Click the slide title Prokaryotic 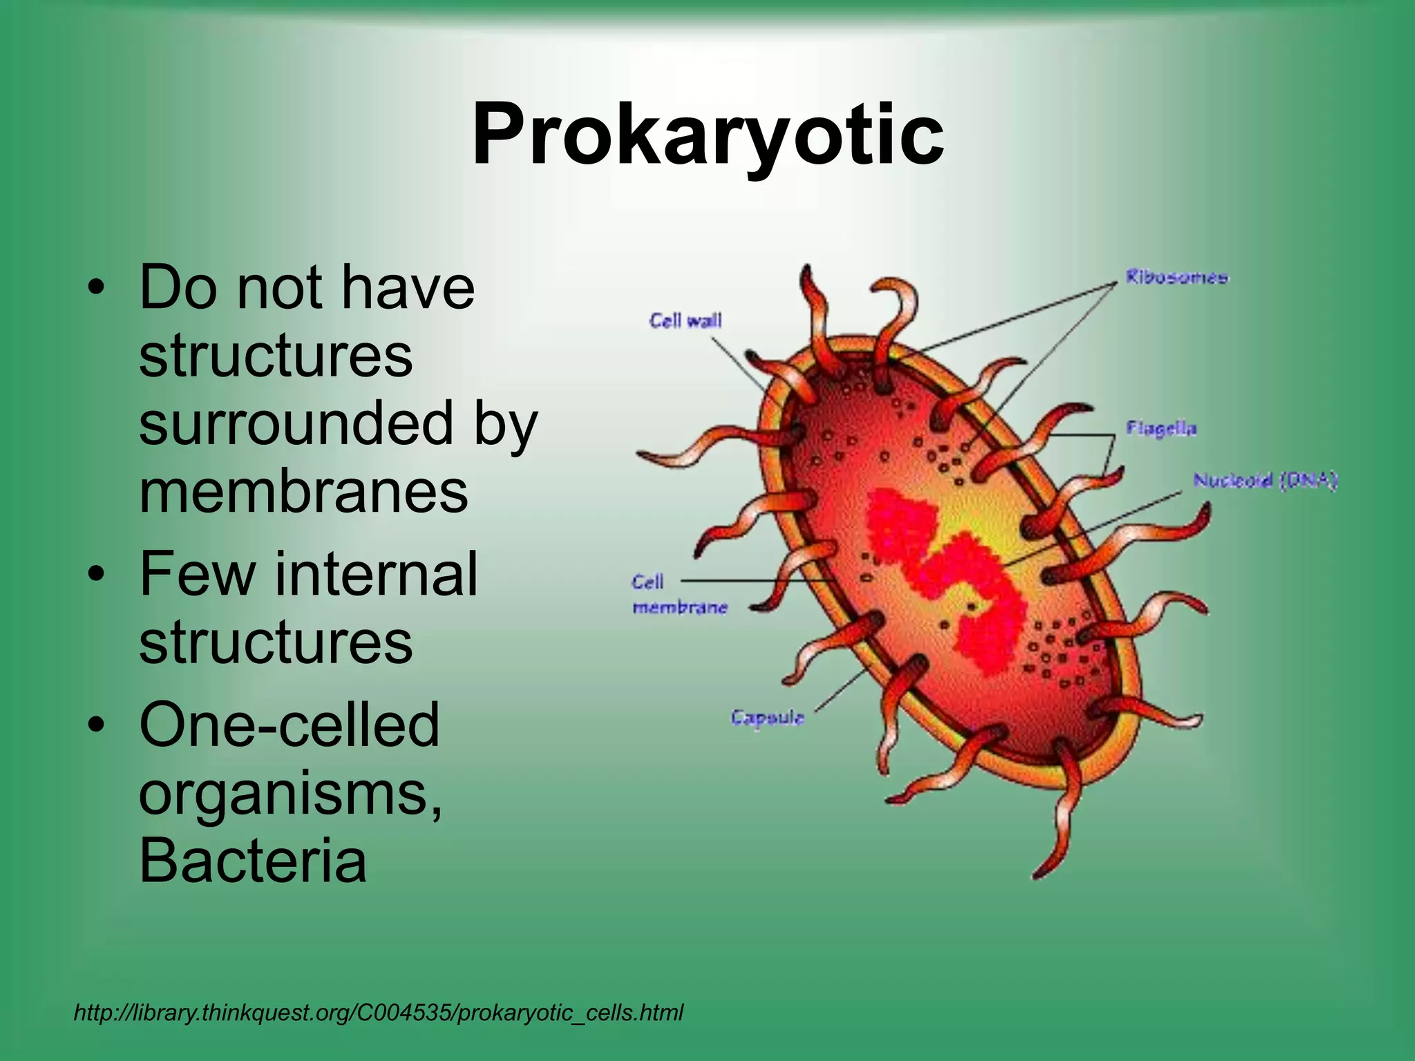coord(707,135)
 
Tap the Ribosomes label coord(1177,278)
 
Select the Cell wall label coord(685,321)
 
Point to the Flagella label coord(1161,429)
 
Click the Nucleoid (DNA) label coord(1265,481)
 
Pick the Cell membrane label coord(679,595)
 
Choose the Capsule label coord(767,718)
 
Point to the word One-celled coord(289,725)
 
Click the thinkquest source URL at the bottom coord(378,1013)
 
